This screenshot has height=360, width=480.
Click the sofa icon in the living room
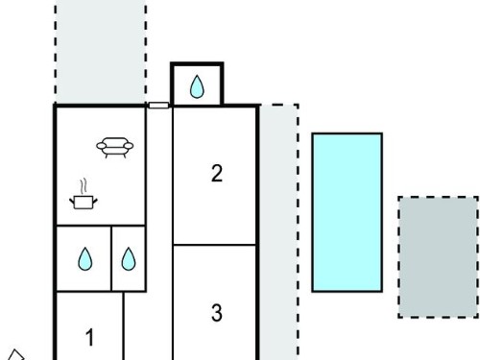coord(115,148)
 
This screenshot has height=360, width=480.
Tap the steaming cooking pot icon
coord(84,194)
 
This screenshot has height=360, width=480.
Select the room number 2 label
coord(217,174)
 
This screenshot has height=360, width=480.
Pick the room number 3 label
coord(217,313)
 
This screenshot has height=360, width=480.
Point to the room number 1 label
coord(90,337)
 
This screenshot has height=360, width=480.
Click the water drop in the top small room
coord(197,86)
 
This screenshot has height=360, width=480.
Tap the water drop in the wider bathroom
coord(85,259)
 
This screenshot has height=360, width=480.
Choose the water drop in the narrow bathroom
coord(129,259)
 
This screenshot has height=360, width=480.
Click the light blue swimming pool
coord(348,212)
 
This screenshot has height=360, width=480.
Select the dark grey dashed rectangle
coord(438,257)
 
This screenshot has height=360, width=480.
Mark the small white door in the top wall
coord(158,106)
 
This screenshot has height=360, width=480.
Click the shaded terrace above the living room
coord(101,51)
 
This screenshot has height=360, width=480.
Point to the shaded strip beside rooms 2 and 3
coord(279,232)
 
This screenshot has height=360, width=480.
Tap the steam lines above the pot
coord(84,186)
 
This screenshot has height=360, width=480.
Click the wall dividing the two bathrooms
coord(111,258)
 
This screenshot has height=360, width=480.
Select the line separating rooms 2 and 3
coord(214,245)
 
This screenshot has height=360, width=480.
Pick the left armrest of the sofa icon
coord(102,146)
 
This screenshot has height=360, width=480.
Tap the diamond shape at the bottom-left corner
coord(15,355)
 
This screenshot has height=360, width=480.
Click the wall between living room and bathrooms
coord(101,226)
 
